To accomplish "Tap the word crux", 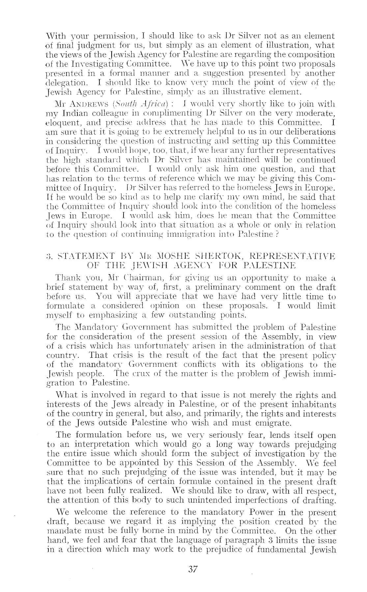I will (x=133, y=374).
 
